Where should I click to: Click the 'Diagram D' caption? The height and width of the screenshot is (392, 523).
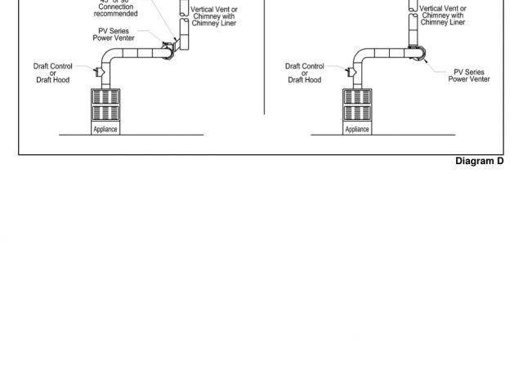(x=479, y=161)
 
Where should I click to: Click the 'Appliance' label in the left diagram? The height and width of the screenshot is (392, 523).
(x=105, y=129)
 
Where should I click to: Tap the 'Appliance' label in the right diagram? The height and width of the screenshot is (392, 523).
(x=357, y=129)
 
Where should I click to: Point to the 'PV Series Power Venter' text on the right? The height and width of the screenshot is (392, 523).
(x=469, y=76)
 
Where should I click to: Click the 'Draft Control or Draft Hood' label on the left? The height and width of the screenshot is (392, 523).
(x=52, y=73)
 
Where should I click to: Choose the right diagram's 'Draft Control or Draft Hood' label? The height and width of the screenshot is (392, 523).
(x=304, y=73)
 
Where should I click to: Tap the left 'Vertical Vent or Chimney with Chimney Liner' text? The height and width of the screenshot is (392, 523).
(x=214, y=16)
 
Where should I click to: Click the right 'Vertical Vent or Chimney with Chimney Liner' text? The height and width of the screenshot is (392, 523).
(x=443, y=16)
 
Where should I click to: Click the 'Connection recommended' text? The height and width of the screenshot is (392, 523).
(x=118, y=11)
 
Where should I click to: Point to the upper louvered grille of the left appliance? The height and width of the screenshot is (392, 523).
(x=105, y=96)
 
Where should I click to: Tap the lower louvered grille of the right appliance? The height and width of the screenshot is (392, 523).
(x=357, y=114)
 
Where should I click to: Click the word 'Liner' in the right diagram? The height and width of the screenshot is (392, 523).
(x=455, y=22)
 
